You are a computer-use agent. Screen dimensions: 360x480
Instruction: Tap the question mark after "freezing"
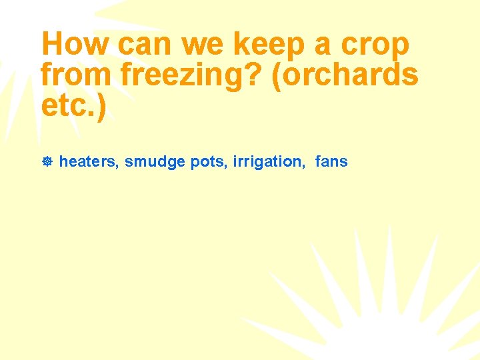pos(257,75)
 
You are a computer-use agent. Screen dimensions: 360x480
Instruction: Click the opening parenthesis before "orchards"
pos(277,76)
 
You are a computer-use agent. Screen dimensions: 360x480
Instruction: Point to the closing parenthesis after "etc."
pos(101,107)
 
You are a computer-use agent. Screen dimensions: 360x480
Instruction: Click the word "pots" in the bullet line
pos(209,162)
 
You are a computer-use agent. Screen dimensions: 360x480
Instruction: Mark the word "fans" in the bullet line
pos(331,162)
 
